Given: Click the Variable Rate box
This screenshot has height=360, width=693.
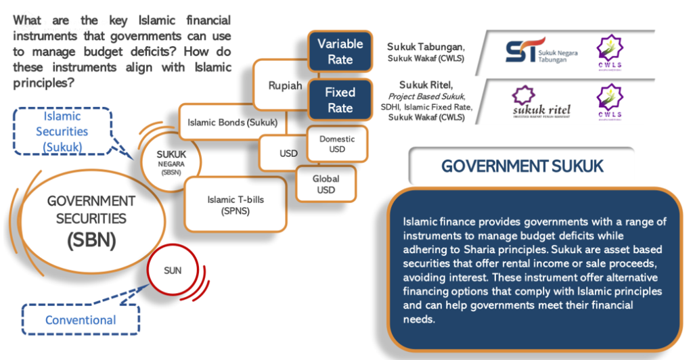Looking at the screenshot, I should click(x=340, y=51).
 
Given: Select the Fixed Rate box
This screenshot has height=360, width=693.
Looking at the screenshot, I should click(x=340, y=100).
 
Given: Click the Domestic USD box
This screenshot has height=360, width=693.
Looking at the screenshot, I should click(x=336, y=143).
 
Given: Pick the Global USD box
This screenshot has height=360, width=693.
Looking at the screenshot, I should click(x=326, y=184).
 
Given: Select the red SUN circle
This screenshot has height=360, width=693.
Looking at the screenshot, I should click(x=173, y=271).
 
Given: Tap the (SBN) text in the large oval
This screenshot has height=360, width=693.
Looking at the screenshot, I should click(x=91, y=240).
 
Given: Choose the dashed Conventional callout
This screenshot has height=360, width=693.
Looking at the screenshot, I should click(x=81, y=320).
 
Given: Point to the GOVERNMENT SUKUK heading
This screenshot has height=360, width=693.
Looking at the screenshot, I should click(x=522, y=166).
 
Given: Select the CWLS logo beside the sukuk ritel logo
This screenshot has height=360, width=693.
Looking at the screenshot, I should click(x=608, y=102).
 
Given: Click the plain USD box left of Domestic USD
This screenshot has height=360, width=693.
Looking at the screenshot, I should click(x=288, y=153).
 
